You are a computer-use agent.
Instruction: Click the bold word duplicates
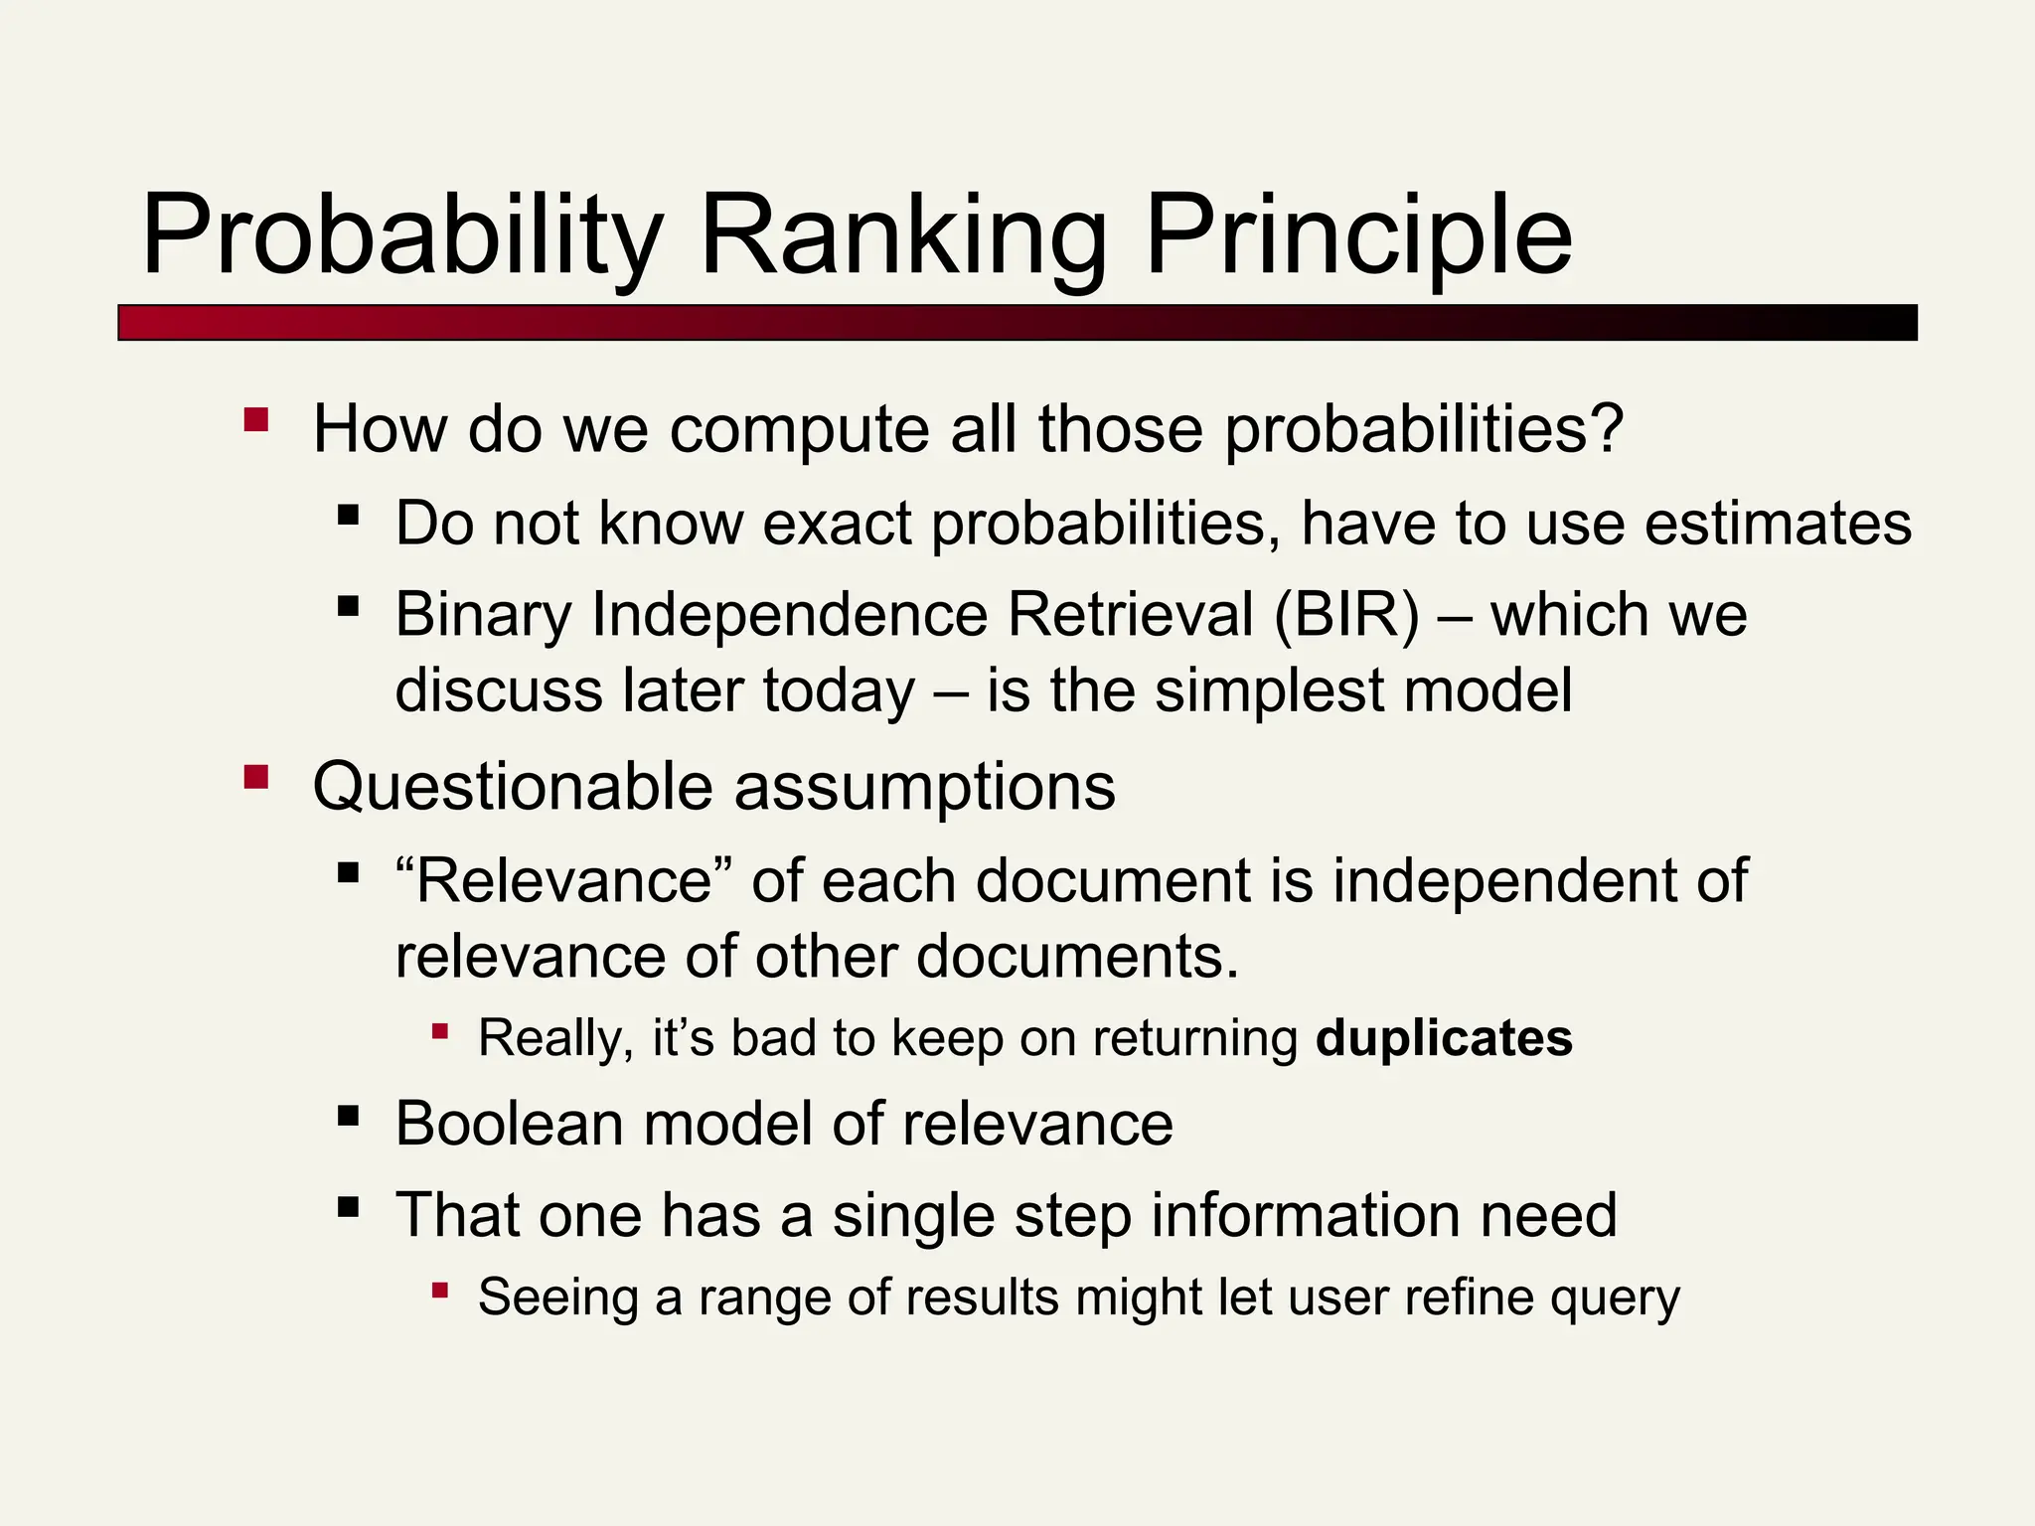1444,1038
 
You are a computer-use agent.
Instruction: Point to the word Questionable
513,787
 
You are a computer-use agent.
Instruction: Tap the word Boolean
509,1124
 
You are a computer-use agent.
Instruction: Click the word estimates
1778,524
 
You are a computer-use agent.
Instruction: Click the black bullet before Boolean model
348,1115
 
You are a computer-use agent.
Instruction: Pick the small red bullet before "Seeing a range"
440,1291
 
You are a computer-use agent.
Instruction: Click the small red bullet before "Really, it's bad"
440,1031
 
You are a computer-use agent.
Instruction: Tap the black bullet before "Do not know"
348,515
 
